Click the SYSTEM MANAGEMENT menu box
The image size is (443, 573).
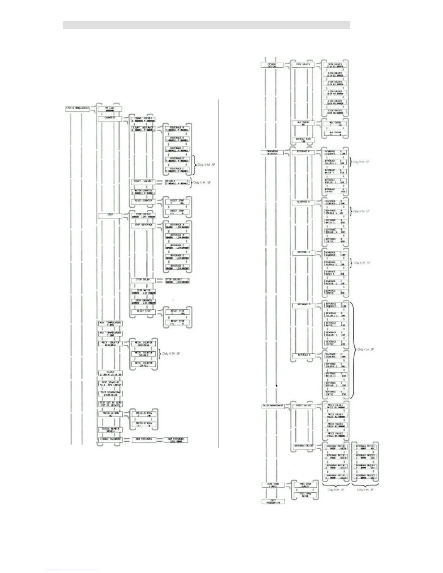point(77,109)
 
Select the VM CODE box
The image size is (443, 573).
point(110,109)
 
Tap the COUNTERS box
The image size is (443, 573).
point(110,118)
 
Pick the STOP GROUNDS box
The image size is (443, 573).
point(144,301)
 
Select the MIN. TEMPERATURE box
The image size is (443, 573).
point(110,323)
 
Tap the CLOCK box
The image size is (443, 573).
point(110,373)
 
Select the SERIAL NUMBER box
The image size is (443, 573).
point(110,430)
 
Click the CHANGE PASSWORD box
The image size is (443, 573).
point(110,439)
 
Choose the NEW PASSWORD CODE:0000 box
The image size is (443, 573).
point(176,440)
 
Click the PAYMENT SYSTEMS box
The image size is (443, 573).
point(271,65)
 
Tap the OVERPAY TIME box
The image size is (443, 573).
point(303,140)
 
